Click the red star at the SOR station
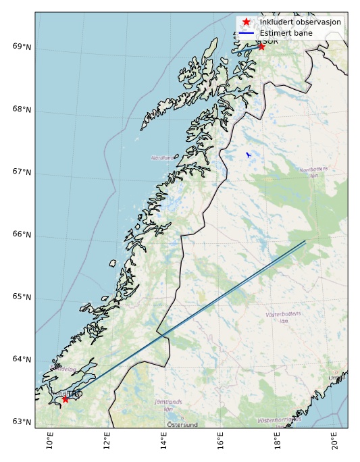click(x=261, y=46)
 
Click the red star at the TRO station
click(x=65, y=399)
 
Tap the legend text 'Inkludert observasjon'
click(x=301, y=22)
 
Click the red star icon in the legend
click(x=247, y=22)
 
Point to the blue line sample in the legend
click(x=247, y=32)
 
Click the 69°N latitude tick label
click(x=22, y=47)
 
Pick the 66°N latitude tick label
click(x=22, y=235)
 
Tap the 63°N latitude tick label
click(x=22, y=423)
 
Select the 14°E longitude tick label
click(x=164, y=442)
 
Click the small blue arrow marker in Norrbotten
click(x=248, y=155)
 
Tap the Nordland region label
click(x=161, y=157)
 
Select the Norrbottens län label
click(x=313, y=172)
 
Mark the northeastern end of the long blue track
click(x=305, y=241)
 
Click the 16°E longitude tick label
click(x=221, y=442)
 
